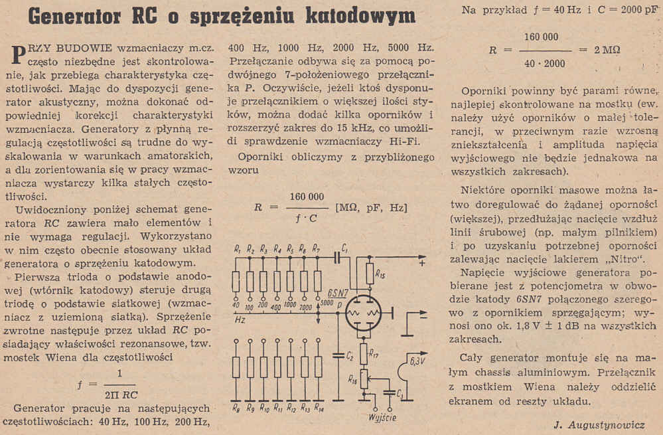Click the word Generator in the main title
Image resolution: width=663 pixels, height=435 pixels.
coord(86,15)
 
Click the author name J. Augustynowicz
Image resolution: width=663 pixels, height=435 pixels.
coord(600,424)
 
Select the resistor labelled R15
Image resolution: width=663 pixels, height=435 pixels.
coord(370,273)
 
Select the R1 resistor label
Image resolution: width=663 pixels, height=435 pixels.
coord(237,248)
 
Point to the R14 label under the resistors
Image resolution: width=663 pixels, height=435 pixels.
coord(319,406)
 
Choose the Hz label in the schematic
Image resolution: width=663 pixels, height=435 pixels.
coord(240,319)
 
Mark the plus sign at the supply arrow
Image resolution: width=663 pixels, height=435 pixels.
coord(421,263)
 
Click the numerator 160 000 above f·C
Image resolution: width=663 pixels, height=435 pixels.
coord(307,197)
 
